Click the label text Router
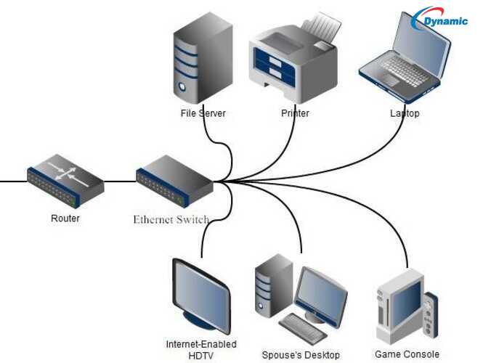65,219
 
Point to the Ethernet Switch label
171,219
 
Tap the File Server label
203,114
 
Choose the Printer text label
295,114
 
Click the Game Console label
407,355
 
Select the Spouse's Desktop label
301,355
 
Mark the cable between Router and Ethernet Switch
120,181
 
